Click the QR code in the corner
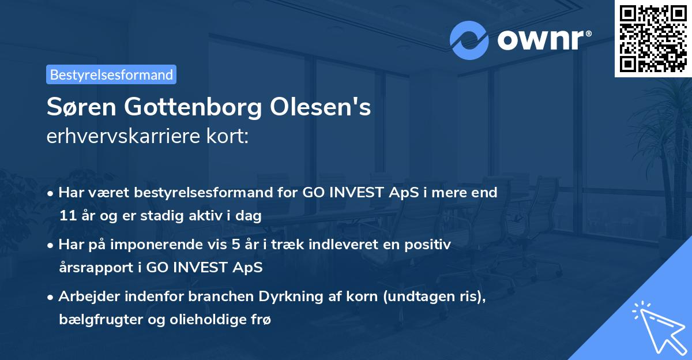tap(653, 39)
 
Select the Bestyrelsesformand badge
tap(111, 74)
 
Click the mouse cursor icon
tap(657, 327)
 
